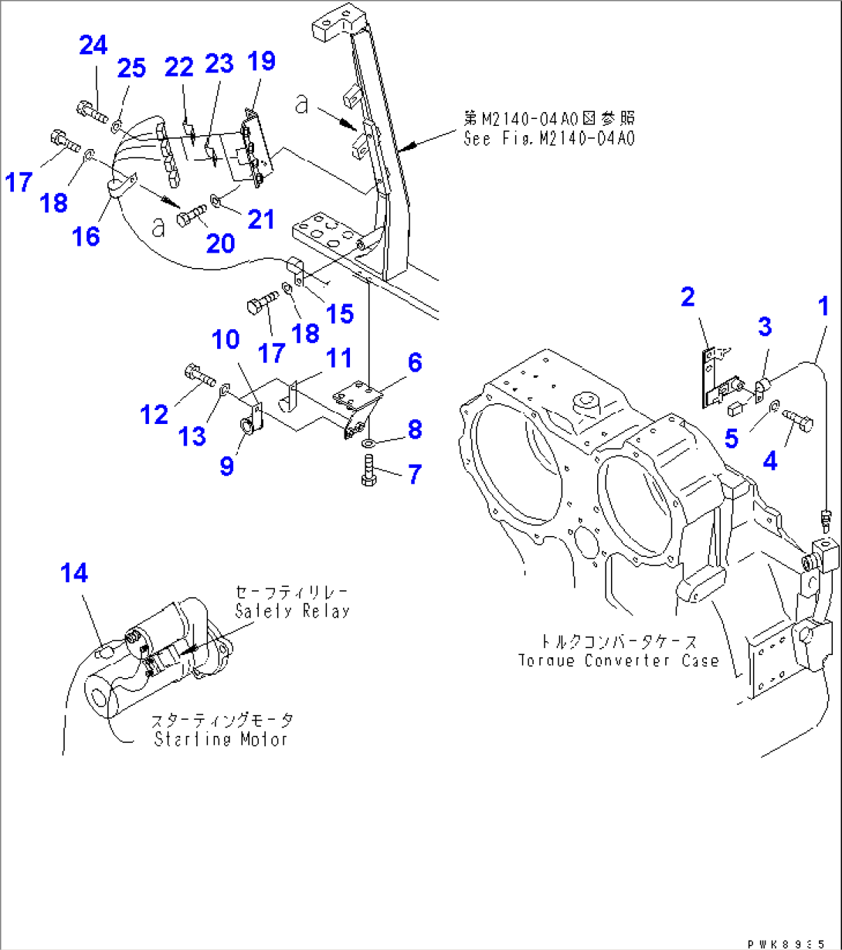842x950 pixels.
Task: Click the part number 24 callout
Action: tap(93, 46)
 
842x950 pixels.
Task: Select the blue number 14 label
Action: tap(74, 573)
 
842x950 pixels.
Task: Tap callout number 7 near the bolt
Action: tap(415, 473)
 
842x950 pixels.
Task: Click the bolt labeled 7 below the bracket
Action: tap(368, 470)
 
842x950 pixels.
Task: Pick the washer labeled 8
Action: tap(370, 443)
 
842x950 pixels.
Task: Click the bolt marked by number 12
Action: tap(199, 375)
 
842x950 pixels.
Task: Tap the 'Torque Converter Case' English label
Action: tap(619, 660)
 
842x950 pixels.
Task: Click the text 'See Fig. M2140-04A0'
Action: tap(548, 139)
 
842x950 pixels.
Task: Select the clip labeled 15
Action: tap(297, 270)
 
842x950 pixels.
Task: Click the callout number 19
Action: tap(262, 61)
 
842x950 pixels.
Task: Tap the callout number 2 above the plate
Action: tap(688, 297)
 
